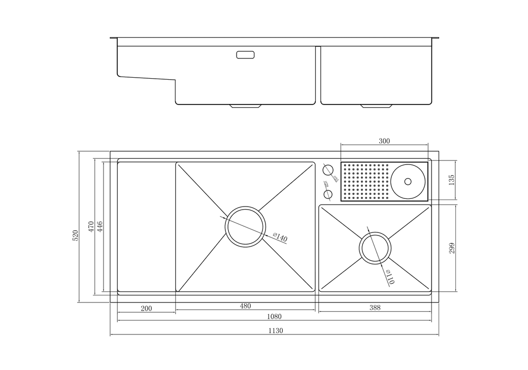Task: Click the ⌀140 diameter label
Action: (x=280, y=238)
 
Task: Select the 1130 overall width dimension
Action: (x=275, y=330)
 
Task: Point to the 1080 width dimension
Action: (x=274, y=316)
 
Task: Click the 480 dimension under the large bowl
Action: (x=246, y=306)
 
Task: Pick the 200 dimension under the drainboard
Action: (x=146, y=308)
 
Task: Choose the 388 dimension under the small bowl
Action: (x=375, y=307)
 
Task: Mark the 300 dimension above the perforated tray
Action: (x=384, y=142)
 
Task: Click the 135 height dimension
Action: (x=451, y=180)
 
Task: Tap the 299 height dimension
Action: (x=451, y=248)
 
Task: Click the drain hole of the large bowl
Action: (x=245, y=226)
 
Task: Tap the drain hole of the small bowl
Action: (x=375, y=248)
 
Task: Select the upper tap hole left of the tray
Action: (x=327, y=169)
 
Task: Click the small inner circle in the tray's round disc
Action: (x=407, y=181)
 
